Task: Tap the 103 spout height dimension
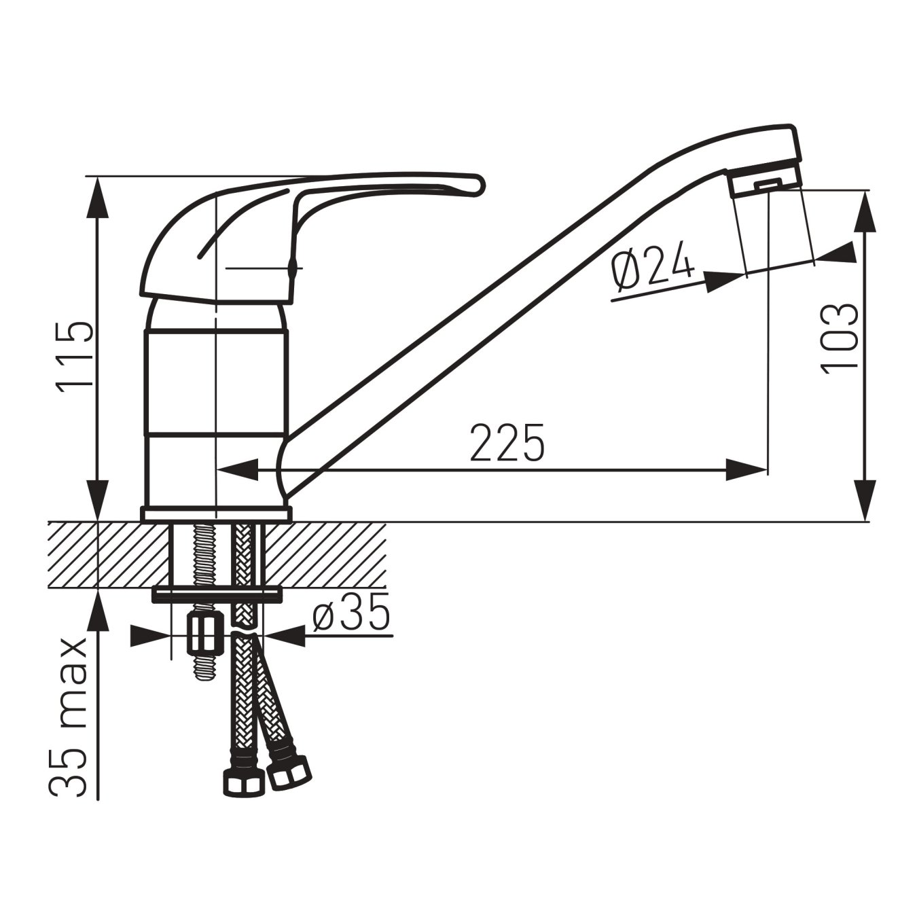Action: click(840, 337)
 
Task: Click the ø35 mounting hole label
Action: click(352, 613)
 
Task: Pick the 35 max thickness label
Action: click(69, 717)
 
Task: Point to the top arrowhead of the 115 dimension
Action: click(98, 197)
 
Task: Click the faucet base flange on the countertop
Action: click(215, 514)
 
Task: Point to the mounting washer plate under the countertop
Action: click(216, 594)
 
